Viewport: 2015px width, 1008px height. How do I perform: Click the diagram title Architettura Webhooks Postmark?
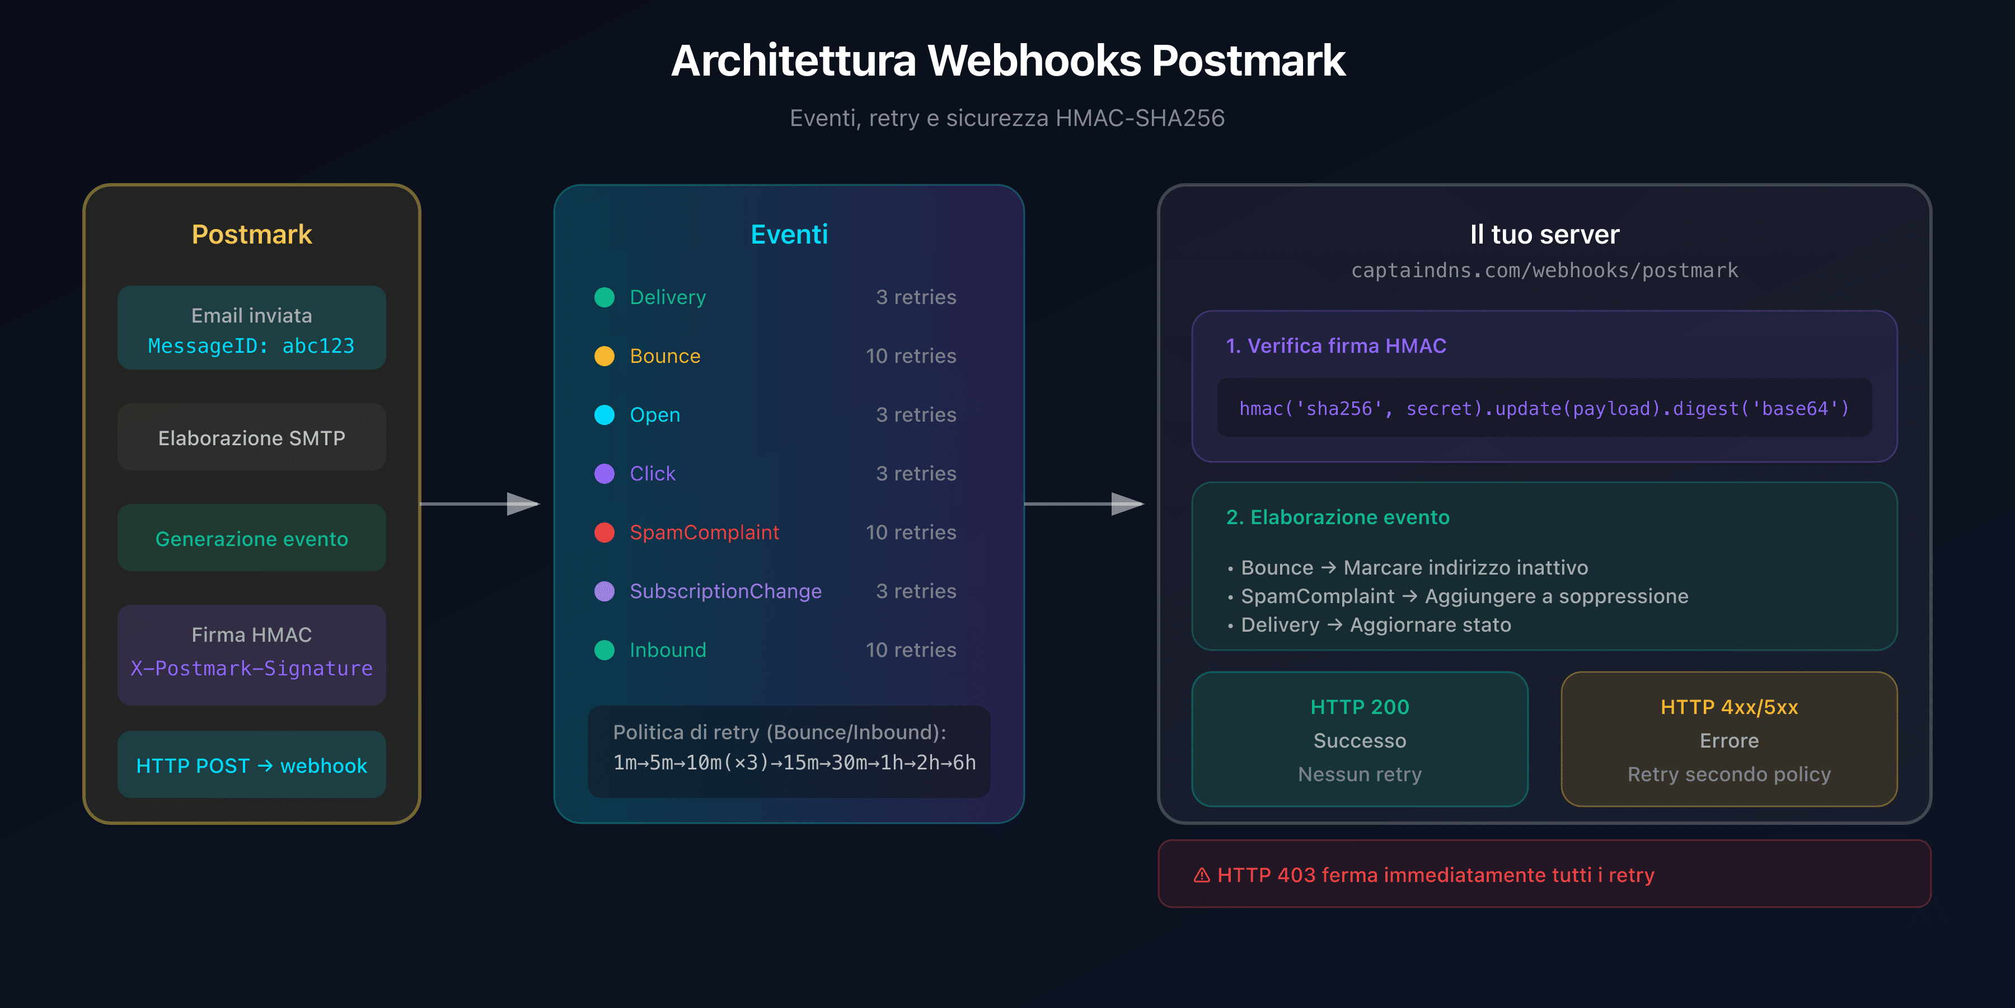[x=1007, y=61]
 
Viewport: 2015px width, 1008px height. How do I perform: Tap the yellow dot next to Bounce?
[x=604, y=356]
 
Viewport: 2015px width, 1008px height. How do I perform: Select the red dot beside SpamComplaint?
[x=604, y=532]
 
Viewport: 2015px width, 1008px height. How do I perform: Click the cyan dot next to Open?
[x=604, y=415]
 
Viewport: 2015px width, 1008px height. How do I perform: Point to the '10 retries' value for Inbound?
[x=911, y=650]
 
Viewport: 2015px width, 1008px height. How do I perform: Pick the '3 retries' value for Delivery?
[x=915, y=297]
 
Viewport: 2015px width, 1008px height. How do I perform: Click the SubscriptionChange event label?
[x=725, y=591]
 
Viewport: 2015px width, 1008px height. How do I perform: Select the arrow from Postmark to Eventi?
[x=480, y=504]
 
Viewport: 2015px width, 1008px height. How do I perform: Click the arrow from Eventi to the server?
[x=1084, y=504]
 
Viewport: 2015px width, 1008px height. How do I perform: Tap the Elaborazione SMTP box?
[x=251, y=437]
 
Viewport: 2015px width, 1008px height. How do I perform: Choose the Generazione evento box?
[x=251, y=538]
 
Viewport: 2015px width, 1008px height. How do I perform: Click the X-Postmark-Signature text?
[x=251, y=668]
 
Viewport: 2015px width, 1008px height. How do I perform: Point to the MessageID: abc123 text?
[x=251, y=346]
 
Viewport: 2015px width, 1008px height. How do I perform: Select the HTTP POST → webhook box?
[x=251, y=766]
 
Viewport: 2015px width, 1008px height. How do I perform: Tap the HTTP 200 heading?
[x=1360, y=707]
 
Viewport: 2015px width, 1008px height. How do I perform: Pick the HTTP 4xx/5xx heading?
[x=1729, y=707]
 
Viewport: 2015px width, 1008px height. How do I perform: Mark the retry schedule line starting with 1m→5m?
[x=794, y=762]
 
